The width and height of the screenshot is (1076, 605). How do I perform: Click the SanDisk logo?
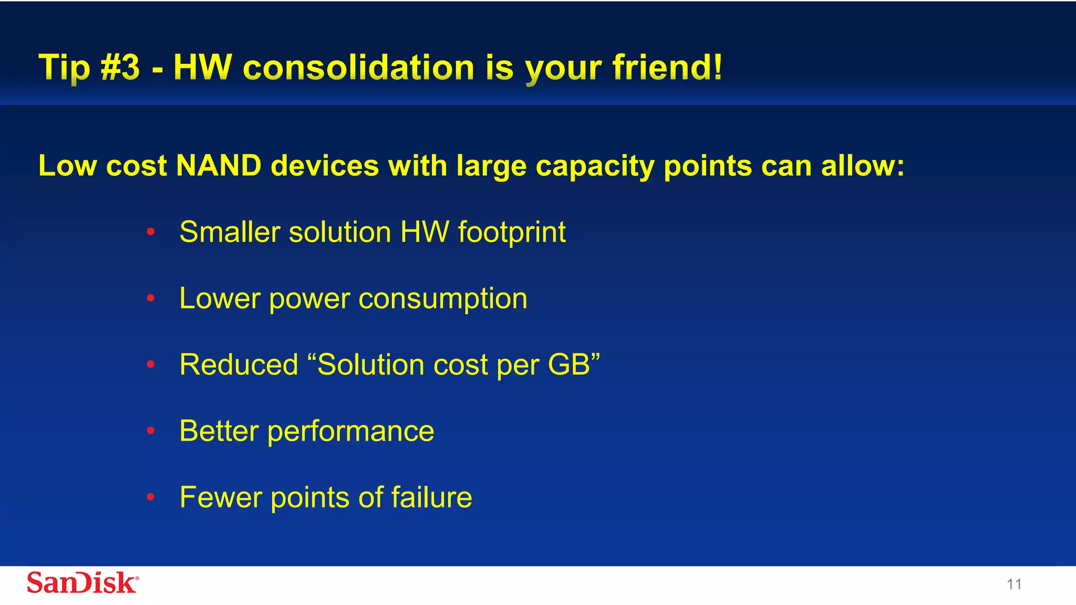tap(82, 583)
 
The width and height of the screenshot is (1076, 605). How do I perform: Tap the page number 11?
tap(1014, 585)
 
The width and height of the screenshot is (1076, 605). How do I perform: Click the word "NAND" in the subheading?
tap(219, 166)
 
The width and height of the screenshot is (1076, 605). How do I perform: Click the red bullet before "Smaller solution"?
tap(151, 232)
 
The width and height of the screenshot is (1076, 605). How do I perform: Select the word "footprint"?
tap(512, 233)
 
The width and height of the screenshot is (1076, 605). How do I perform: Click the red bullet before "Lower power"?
tap(151, 298)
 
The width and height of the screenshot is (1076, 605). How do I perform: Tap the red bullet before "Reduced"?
tap(151, 364)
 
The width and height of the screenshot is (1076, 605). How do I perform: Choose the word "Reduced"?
tap(239, 364)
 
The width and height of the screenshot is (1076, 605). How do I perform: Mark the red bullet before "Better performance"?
tap(151, 431)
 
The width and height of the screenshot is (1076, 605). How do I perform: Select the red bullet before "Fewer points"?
tap(151, 497)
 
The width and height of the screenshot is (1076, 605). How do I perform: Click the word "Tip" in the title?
tap(64, 68)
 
